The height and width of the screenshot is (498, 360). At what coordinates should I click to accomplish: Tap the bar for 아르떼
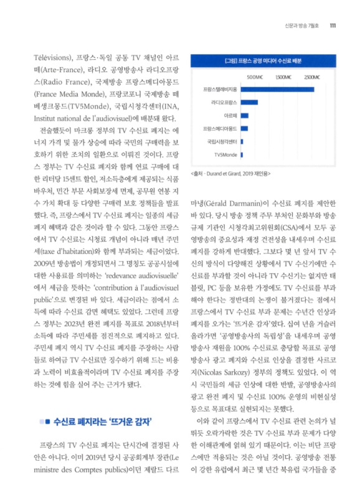tap(244, 116)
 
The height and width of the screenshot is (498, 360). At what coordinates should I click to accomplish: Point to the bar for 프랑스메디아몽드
tap(244, 129)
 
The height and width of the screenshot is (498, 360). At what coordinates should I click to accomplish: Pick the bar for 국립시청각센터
tap(242, 141)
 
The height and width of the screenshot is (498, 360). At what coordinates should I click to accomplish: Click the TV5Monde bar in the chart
tap(241, 154)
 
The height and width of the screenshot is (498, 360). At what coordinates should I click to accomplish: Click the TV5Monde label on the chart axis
tap(225, 154)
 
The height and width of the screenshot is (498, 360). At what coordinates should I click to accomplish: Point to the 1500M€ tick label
tap(283, 77)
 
